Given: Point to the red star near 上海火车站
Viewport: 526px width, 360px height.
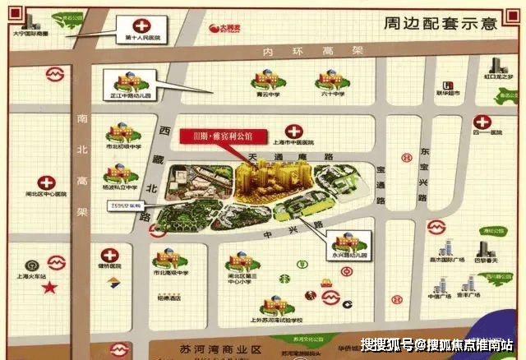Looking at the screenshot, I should pos(51,288).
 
